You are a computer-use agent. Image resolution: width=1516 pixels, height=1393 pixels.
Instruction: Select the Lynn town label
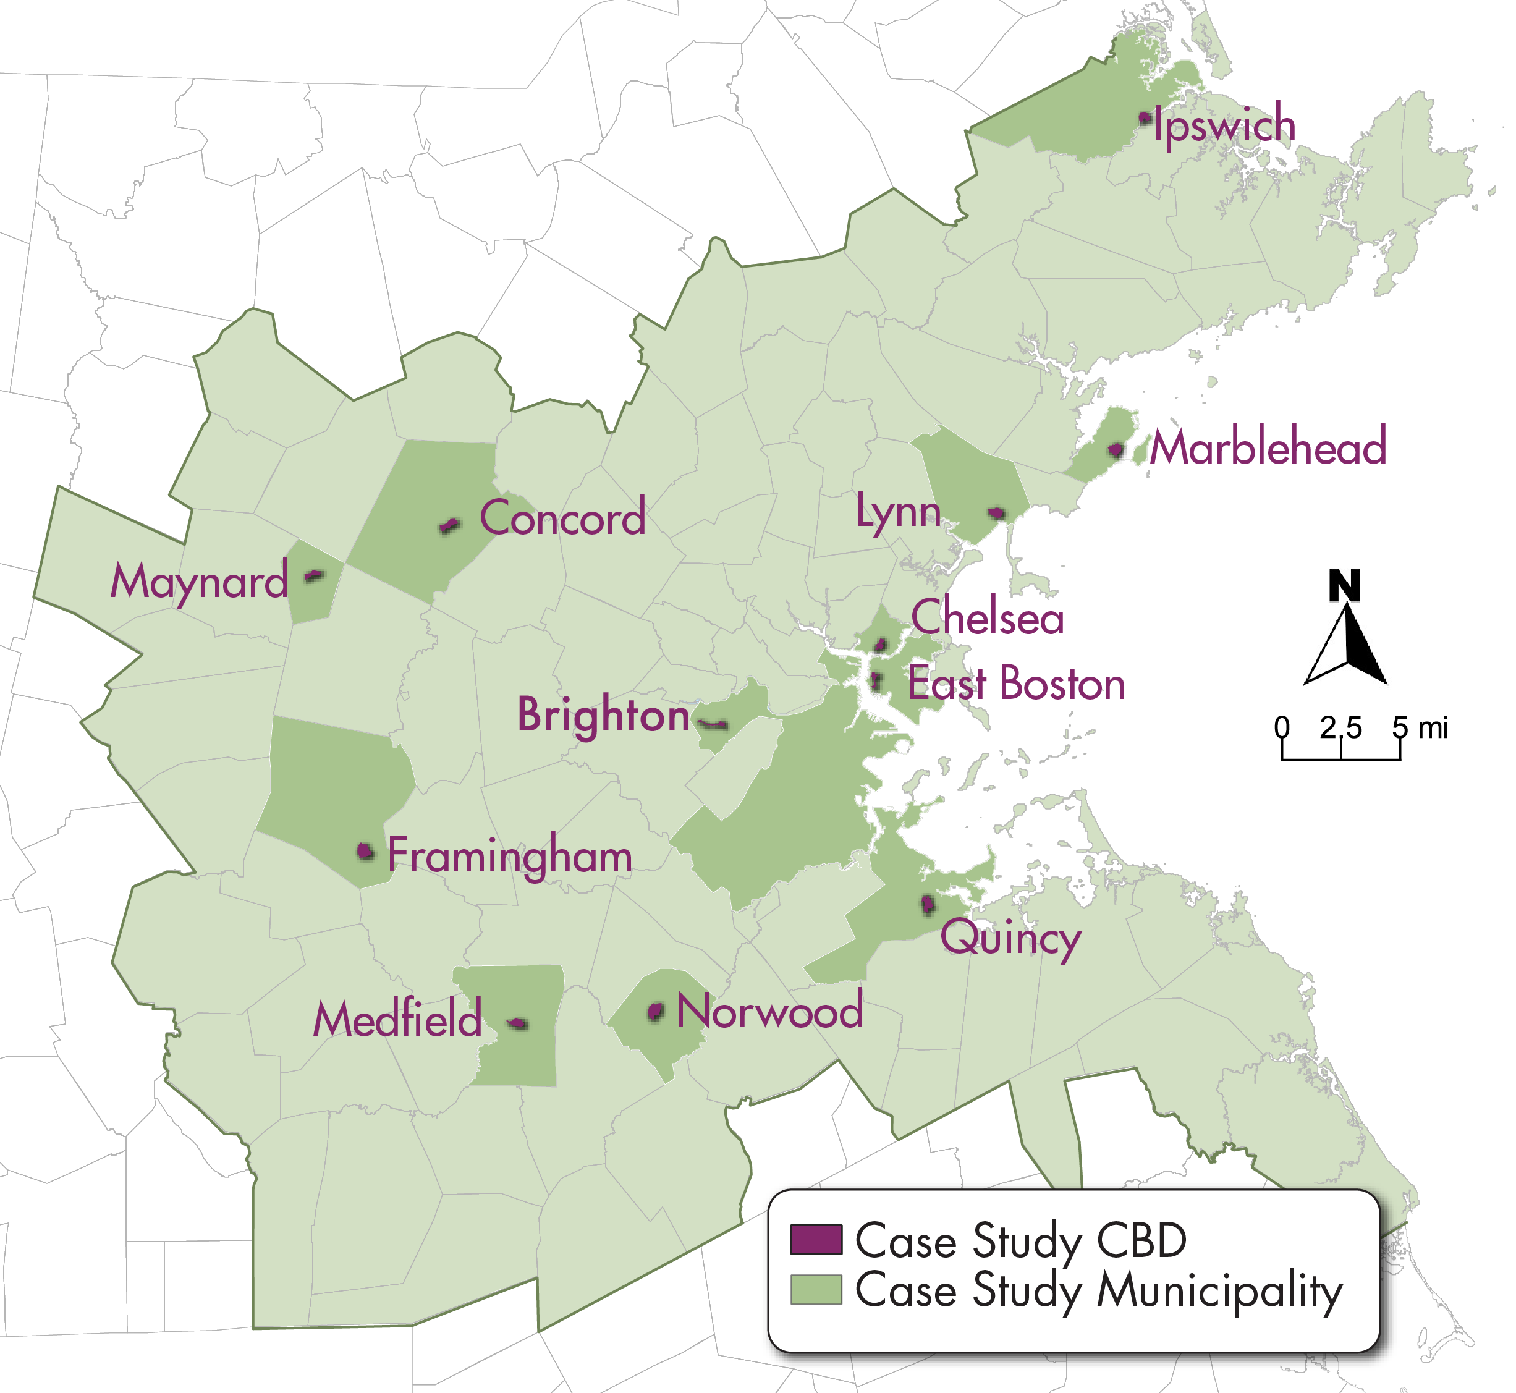(x=899, y=512)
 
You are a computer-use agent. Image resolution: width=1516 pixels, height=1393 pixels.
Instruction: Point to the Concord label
(x=562, y=519)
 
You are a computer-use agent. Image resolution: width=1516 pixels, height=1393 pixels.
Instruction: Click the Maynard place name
(x=199, y=583)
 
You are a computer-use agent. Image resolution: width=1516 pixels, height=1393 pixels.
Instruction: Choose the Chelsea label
(x=988, y=617)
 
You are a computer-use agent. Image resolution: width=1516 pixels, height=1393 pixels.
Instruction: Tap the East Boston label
(x=1016, y=684)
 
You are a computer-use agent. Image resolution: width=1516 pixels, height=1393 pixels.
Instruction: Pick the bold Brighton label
(x=603, y=715)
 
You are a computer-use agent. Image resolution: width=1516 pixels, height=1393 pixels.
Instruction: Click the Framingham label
(x=510, y=857)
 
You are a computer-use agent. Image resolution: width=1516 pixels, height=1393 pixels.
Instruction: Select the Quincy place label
(x=1010, y=939)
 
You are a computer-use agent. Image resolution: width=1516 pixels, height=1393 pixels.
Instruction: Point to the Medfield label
(x=397, y=1020)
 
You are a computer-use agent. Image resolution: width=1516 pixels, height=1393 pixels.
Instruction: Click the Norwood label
(x=769, y=1011)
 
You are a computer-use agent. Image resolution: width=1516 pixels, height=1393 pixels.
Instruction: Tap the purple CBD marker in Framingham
(x=366, y=852)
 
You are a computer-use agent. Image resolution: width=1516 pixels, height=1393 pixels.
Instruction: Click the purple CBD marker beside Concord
(x=450, y=525)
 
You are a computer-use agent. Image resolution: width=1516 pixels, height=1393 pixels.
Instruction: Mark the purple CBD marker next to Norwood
(x=656, y=1012)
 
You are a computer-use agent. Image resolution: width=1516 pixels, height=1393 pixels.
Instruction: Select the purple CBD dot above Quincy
(x=928, y=905)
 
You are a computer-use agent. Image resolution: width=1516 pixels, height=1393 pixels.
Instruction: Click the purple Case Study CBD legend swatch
(x=816, y=1239)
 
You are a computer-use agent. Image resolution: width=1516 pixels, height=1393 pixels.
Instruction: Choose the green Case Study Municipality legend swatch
(x=816, y=1289)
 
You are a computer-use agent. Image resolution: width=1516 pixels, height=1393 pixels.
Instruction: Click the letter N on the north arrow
(x=1344, y=586)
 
